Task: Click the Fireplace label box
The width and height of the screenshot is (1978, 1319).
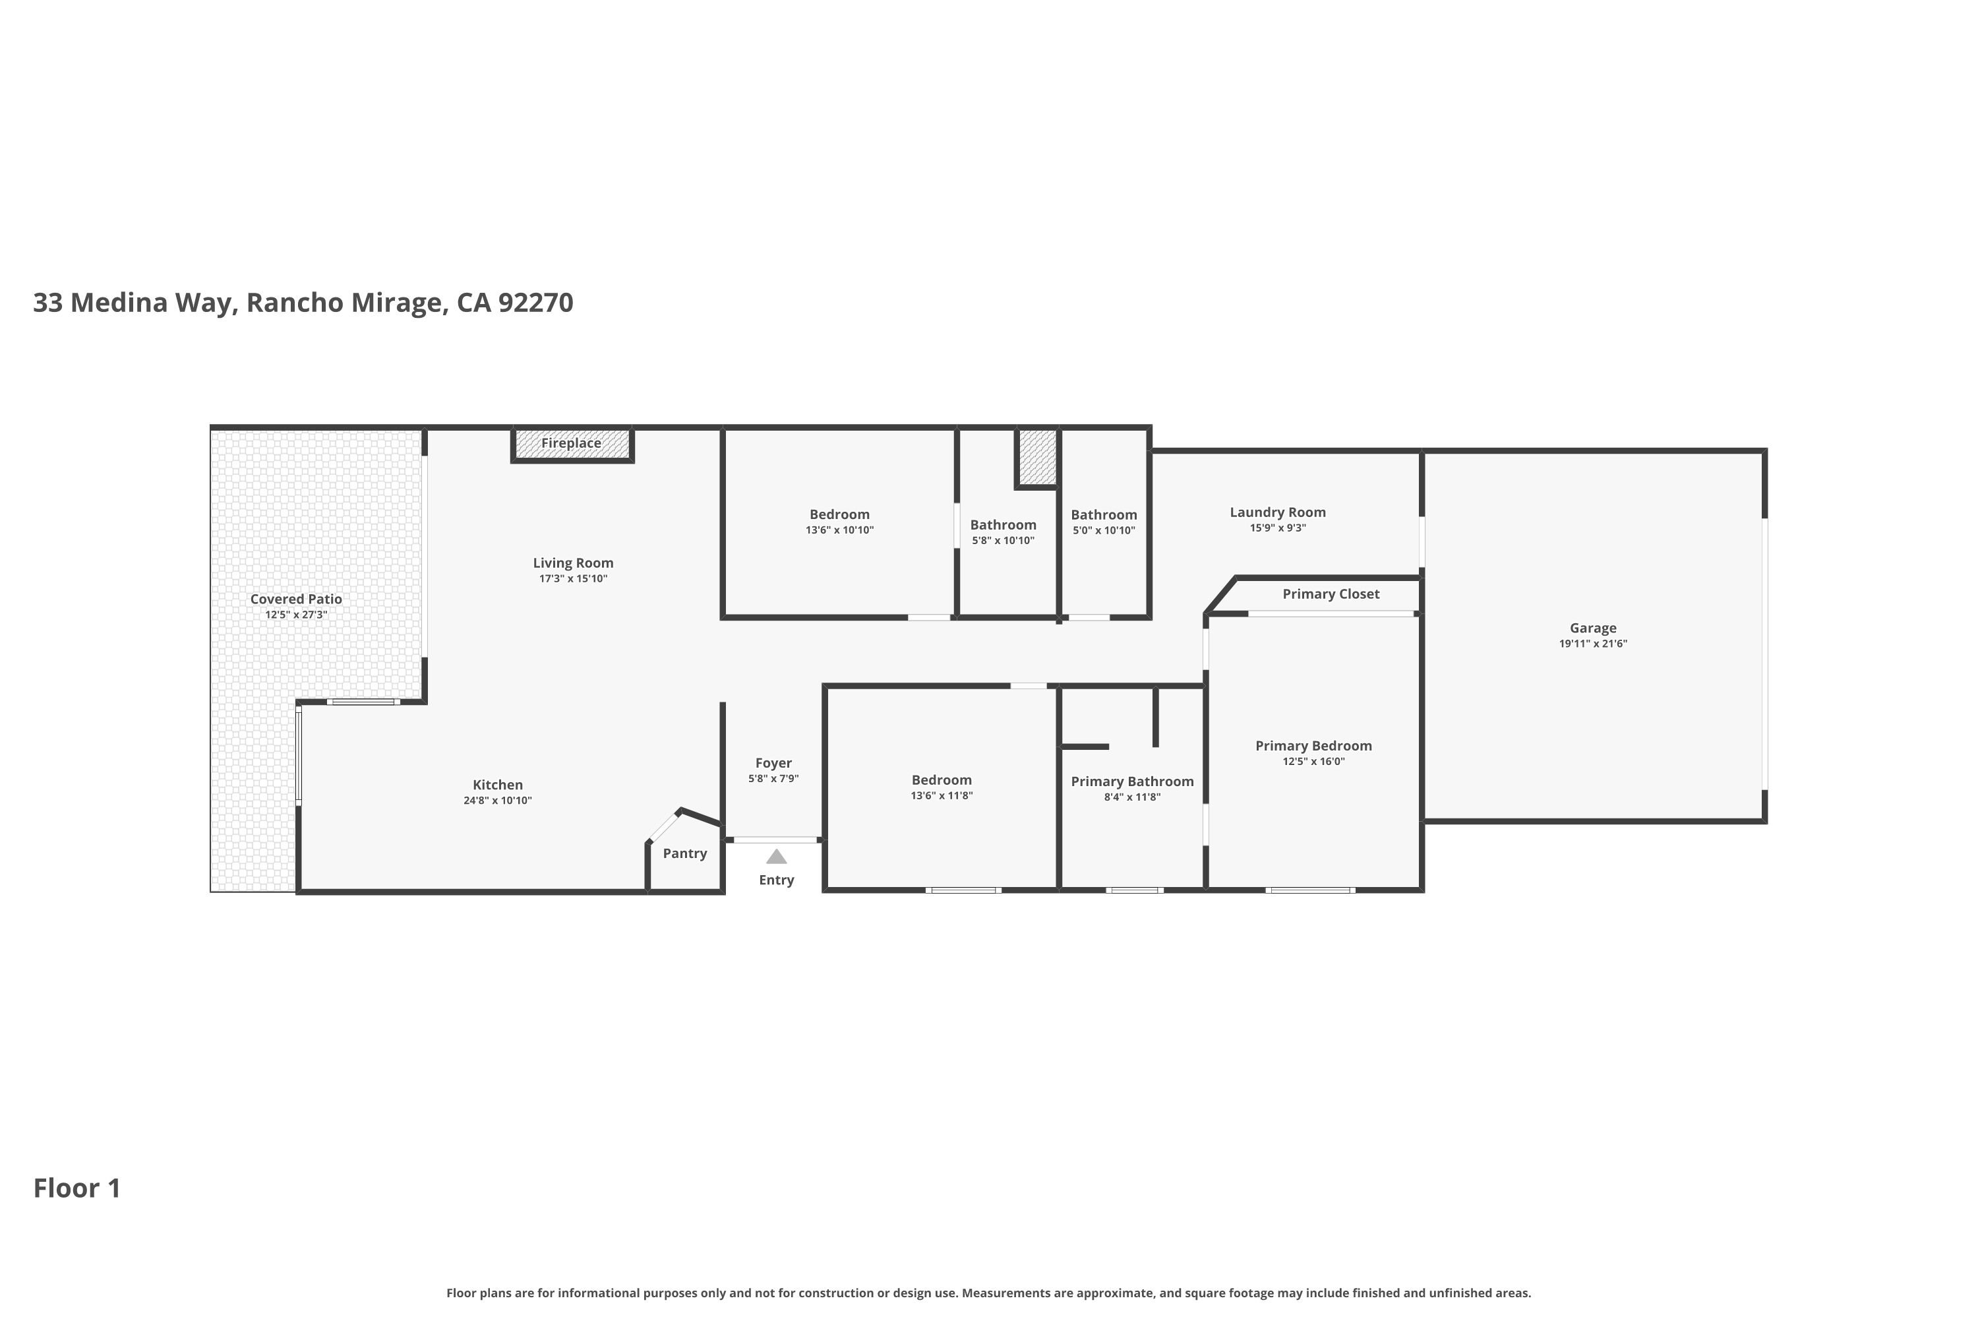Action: [x=572, y=443]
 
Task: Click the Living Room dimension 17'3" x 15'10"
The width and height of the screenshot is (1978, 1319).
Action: [x=573, y=579]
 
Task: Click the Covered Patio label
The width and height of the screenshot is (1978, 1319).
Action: [x=296, y=599]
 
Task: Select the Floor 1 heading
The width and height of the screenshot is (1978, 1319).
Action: [x=77, y=1188]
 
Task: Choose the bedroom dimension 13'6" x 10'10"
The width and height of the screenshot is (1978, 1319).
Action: [x=839, y=530]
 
